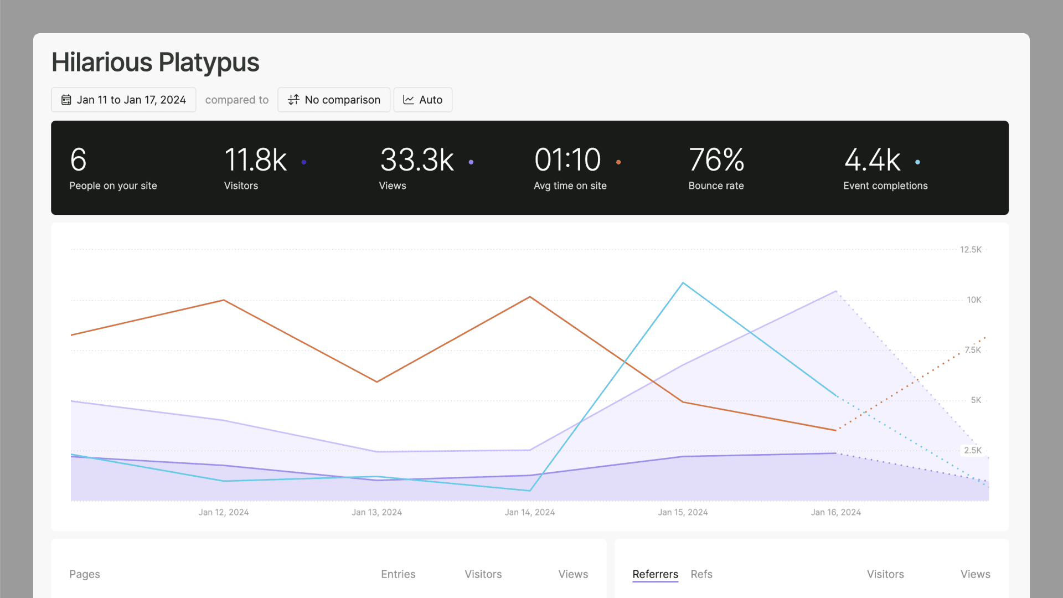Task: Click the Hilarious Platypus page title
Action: coord(155,62)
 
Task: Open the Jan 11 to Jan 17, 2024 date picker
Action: coord(123,100)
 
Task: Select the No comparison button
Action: coord(334,100)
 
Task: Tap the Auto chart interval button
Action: coord(423,100)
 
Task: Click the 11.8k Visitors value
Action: coord(255,160)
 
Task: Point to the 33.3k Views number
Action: coord(417,160)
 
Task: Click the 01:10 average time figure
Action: coord(567,160)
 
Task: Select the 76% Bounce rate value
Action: coord(716,160)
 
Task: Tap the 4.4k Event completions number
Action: coord(873,160)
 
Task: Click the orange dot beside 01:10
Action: coord(618,162)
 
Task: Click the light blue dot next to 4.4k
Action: coord(917,162)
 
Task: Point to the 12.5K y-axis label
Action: coord(971,250)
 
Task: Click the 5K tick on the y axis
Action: coord(976,400)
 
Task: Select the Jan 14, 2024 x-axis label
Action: coord(529,512)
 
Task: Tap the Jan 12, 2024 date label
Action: coord(224,512)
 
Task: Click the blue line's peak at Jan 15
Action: coord(683,283)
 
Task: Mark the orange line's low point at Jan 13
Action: coord(377,382)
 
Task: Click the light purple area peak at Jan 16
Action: coord(835,291)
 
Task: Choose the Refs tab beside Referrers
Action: coord(701,574)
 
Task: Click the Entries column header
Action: coord(398,574)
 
